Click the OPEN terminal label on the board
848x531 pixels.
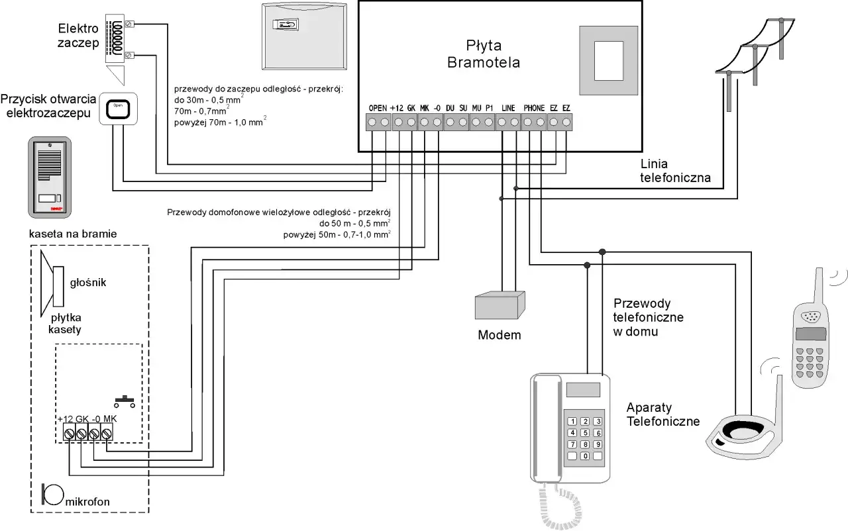coord(377,108)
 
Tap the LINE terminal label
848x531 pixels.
coord(508,108)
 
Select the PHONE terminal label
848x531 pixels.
coord(534,108)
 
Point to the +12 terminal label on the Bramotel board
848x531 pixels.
coord(397,108)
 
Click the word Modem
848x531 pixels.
coord(500,335)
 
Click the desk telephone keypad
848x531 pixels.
coord(584,438)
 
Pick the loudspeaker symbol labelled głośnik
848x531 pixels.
coord(52,282)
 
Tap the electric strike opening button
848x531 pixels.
coord(118,108)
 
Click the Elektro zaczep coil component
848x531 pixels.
coord(118,38)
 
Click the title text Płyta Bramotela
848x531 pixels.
coord(483,55)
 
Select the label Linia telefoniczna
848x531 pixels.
coord(675,170)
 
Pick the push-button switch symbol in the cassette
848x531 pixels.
coord(124,401)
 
